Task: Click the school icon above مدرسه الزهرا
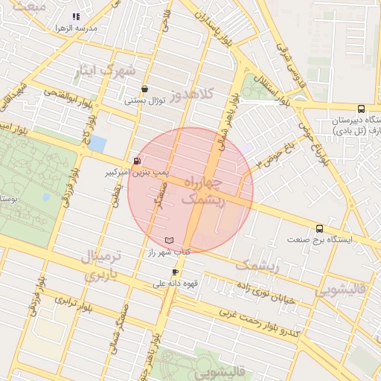click(x=75, y=16)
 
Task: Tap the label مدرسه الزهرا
click(x=77, y=28)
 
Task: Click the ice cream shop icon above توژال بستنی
click(x=144, y=89)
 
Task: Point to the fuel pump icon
click(x=136, y=161)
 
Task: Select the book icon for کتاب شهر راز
click(x=170, y=240)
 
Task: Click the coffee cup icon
click(x=176, y=272)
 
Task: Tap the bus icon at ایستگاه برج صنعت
click(x=320, y=228)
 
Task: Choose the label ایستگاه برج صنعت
click(x=324, y=240)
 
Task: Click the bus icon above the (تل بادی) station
click(x=361, y=108)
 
